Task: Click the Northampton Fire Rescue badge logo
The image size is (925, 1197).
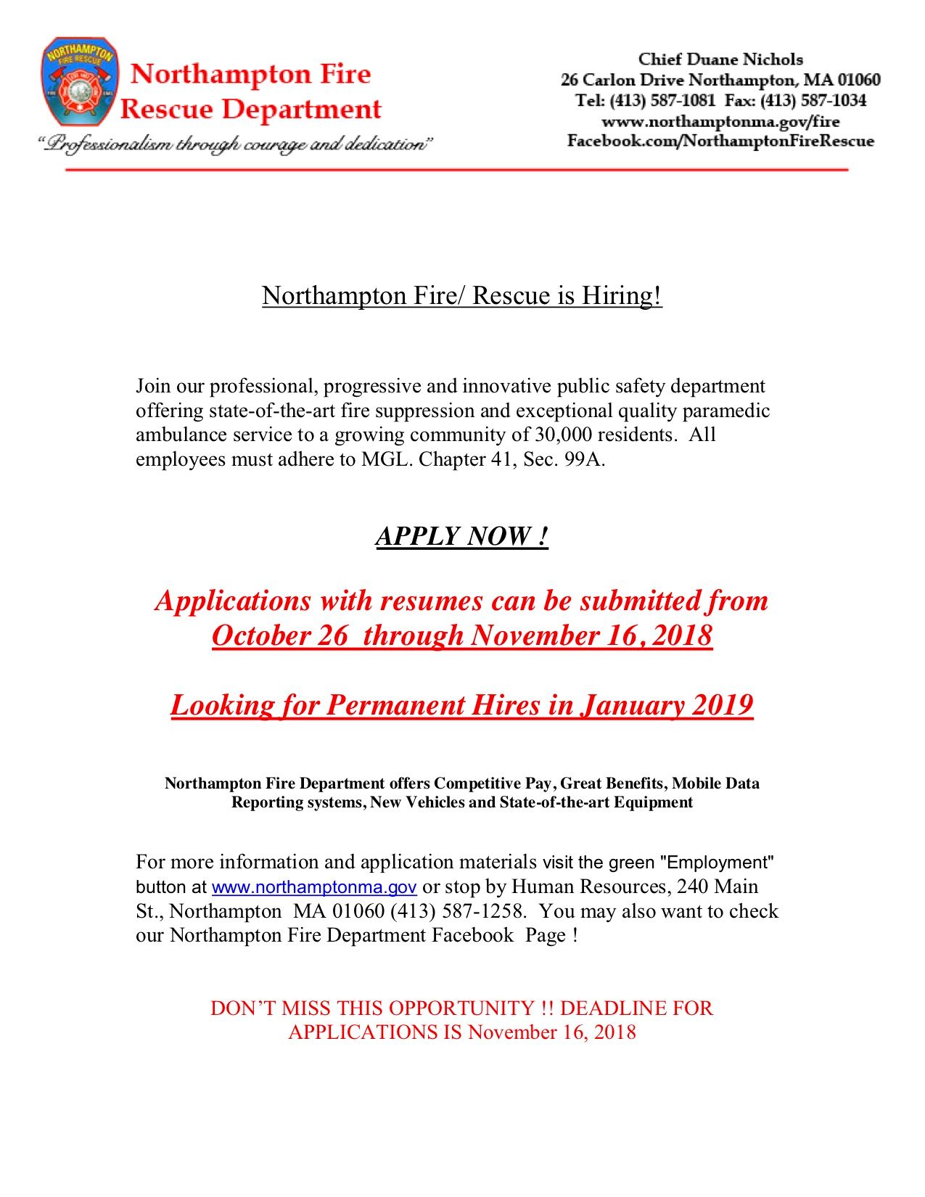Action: click(79, 81)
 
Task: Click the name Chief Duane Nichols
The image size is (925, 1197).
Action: click(720, 59)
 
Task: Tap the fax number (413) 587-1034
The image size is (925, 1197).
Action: click(813, 101)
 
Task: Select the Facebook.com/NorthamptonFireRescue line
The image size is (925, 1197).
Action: click(720, 141)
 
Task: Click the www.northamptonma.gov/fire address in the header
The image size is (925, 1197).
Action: click(720, 121)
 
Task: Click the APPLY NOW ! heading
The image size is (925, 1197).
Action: click(461, 536)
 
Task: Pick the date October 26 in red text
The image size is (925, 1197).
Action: click(279, 635)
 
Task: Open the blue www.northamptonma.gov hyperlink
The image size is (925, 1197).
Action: click(313, 887)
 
